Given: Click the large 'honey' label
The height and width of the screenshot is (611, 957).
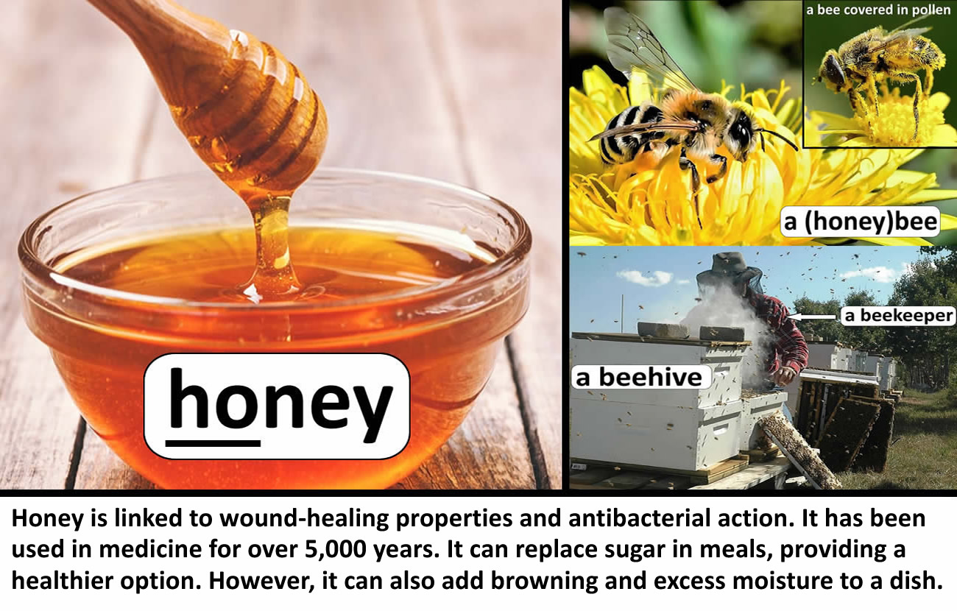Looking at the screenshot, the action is (277, 406).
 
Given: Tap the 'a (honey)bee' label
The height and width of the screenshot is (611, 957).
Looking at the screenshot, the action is (860, 222).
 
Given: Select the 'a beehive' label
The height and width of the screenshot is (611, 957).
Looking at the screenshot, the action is (641, 378).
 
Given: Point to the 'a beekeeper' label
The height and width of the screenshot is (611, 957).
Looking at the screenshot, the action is (899, 316).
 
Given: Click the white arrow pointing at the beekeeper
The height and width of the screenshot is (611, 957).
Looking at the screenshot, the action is (812, 317).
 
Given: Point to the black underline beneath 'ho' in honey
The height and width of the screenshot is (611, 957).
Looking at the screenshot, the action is (213, 443).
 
